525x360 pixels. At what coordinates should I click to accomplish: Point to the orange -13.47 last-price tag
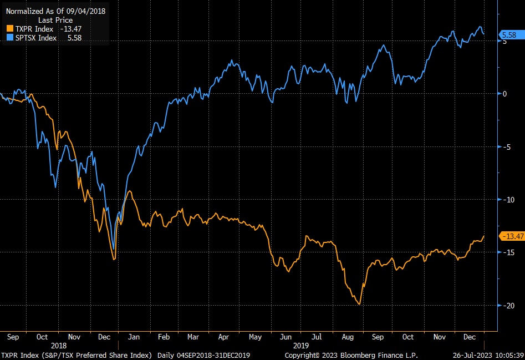click(x=512, y=236)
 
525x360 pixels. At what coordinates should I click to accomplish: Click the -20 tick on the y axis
click(x=506, y=305)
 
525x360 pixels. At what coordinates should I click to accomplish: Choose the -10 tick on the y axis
click(x=506, y=199)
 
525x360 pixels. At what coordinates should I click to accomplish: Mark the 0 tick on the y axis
click(x=504, y=93)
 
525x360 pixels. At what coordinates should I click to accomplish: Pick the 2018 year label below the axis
click(x=58, y=345)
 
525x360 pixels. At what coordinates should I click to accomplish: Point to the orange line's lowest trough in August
click(x=359, y=304)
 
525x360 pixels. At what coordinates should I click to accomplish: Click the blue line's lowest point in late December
click(x=114, y=250)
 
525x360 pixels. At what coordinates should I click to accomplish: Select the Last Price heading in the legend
click(x=55, y=20)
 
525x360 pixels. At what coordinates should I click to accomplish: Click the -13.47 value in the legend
click(x=70, y=28)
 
